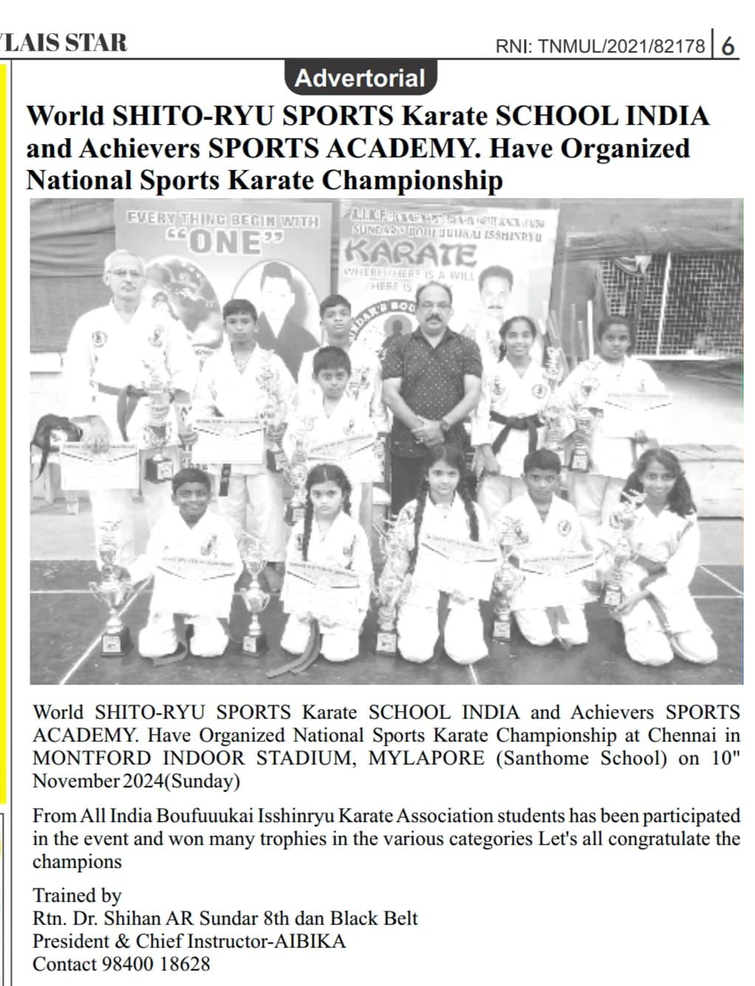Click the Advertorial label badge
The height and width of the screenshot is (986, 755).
click(360, 78)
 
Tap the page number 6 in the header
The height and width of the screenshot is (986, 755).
click(728, 47)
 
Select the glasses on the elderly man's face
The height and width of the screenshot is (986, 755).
click(126, 273)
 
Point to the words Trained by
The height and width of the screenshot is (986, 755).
click(77, 896)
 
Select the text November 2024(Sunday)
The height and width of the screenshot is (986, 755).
click(137, 781)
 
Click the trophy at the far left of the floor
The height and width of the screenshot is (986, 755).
click(113, 591)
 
